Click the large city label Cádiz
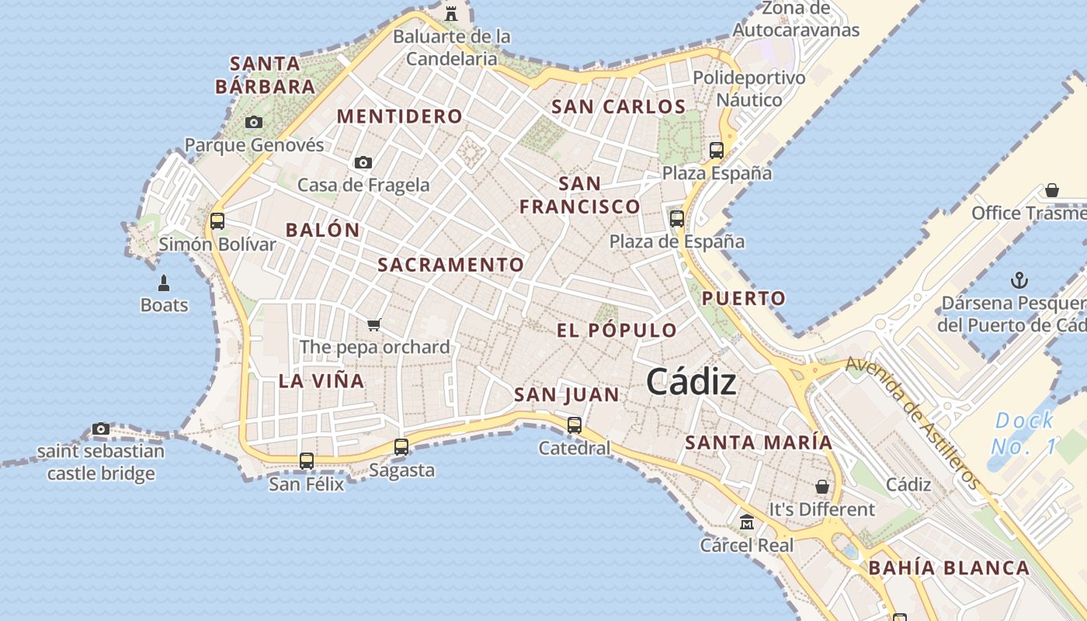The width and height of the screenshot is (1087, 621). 691,382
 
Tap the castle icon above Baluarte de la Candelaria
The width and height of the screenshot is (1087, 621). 451,12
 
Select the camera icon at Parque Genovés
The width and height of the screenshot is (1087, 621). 254,122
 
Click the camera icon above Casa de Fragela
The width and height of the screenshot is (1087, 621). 363,162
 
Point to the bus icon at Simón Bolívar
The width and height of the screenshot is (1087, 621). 217,220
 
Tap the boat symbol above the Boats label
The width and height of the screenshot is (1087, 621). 164,283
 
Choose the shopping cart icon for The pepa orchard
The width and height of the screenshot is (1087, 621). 374,324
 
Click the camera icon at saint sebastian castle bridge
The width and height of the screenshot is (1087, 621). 101,428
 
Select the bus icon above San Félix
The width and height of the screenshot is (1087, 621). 307,461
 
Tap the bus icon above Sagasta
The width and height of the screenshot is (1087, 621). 401,447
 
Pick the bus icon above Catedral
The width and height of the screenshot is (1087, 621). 575,425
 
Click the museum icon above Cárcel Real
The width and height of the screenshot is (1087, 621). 747,522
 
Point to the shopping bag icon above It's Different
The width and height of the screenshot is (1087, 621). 822,487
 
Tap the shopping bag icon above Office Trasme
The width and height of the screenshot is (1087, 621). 1052,190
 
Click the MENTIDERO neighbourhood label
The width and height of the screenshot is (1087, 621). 399,116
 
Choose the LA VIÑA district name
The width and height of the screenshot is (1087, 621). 321,380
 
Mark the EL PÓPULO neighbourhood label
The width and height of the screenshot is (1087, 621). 616,330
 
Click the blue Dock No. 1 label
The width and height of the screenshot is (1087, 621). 1024,433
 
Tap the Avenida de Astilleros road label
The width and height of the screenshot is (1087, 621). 912,422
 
